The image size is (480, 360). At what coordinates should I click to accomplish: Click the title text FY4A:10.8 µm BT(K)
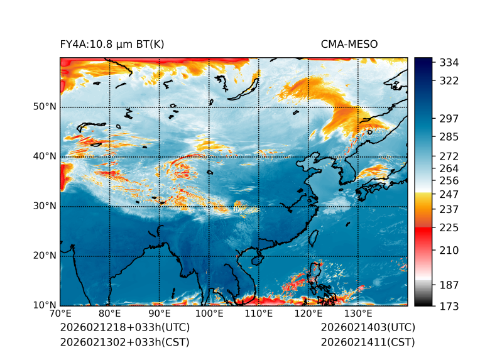click(112, 45)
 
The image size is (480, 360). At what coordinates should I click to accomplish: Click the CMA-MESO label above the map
click(349, 45)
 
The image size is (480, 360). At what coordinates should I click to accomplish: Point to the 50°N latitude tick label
click(44, 107)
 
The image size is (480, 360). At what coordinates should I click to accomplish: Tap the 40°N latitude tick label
click(44, 156)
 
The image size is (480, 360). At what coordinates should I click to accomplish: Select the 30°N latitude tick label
click(44, 206)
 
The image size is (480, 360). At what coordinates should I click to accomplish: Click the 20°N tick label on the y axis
click(44, 256)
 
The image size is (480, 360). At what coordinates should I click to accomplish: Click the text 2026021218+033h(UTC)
click(124, 328)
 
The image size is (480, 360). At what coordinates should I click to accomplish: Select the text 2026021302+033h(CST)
click(124, 342)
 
